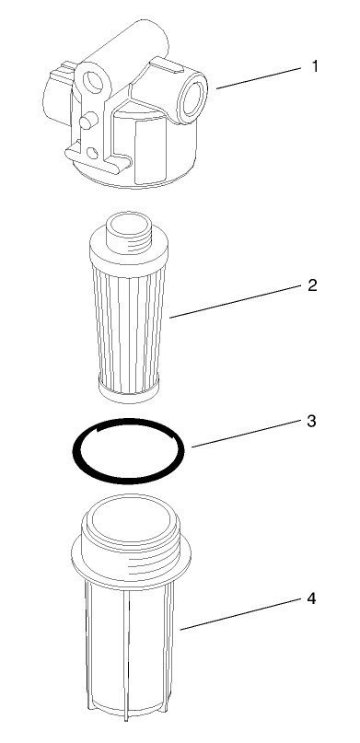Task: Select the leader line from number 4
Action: pos(244,614)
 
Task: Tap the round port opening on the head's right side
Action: pos(197,97)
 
